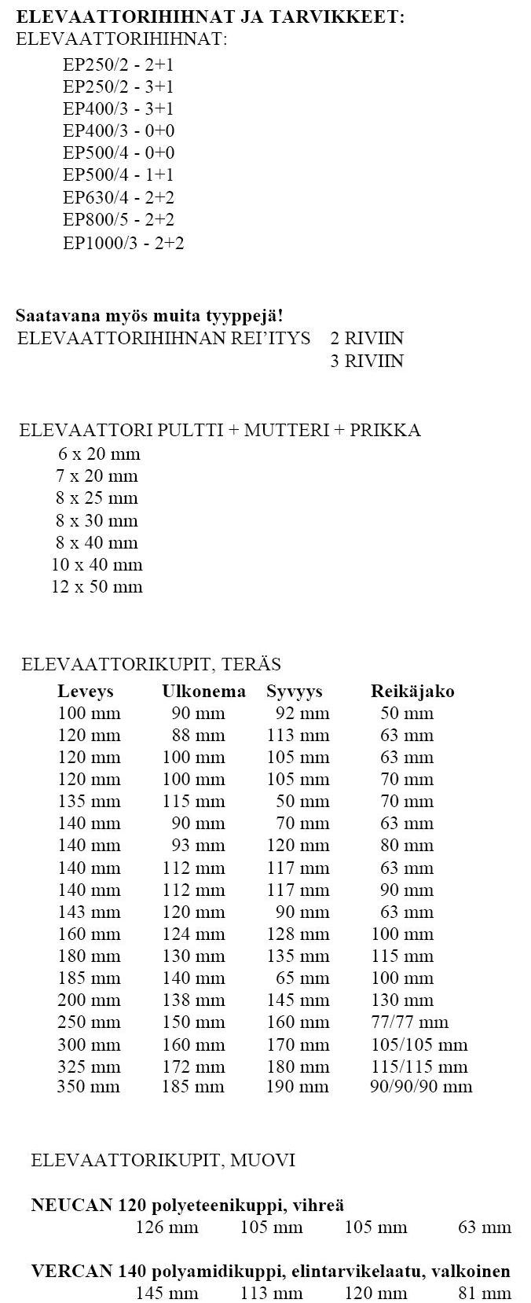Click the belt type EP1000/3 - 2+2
click(x=123, y=243)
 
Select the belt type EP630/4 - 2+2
click(x=119, y=197)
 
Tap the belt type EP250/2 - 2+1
click(x=119, y=65)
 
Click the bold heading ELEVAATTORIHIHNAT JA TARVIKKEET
click(x=211, y=17)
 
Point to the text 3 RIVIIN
click(x=367, y=361)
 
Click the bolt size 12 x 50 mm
click(x=97, y=586)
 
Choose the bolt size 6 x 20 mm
click(x=99, y=453)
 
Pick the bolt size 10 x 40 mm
click(x=97, y=564)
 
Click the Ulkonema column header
click(x=203, y=692)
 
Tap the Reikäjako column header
click(x=412, y=692)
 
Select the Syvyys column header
click(x=295, y=692)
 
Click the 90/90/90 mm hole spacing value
click(x=421, y=1087)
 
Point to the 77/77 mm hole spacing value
click(x=409, y=1022)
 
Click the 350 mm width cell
click(x=89, y=1087)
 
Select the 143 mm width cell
click(x=90, y=912)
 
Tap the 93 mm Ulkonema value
click(x=198, y=846)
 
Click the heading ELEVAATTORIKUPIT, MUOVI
click(x=163, y=1160)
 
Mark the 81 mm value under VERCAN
click(x=485, y=1293)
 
